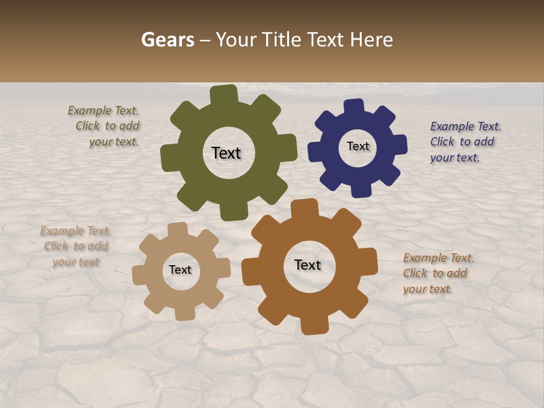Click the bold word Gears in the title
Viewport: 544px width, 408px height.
[x=167, y=40]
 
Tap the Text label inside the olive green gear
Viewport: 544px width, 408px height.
[x=226, y=153]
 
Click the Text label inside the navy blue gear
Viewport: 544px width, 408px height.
[x=358, y=146]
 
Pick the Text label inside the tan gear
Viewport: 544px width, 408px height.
[x=180, y=270]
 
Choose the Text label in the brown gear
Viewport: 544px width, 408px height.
[x=308, y=265]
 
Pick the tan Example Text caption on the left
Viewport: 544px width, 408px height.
[x=75, y=246]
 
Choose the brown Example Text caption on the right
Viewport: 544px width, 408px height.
[x=437, y=274]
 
